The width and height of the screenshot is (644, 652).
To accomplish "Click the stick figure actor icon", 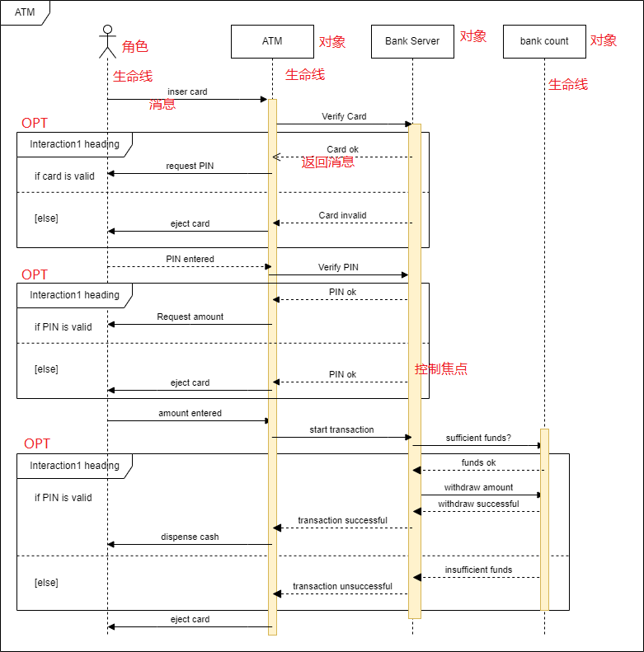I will click(107, 42).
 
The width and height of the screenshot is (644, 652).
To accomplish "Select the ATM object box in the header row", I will click(272, 41).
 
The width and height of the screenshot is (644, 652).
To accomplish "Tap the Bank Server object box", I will click(412, 41).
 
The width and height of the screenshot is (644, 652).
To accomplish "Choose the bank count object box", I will click(544, 41).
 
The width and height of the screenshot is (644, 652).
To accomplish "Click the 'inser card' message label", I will click(187, 91).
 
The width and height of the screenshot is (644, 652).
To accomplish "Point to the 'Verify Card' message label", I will click(344, 116).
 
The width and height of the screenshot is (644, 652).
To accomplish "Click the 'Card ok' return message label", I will click(342, 149).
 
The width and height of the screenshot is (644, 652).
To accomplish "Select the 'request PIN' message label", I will click(190, 166).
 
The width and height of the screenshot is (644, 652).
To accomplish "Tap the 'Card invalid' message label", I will click(342, 215).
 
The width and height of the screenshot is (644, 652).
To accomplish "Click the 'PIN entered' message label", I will click(190, 259).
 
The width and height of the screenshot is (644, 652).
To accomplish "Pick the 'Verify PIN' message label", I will click(338, 268).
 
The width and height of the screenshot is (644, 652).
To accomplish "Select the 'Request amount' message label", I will click(190, 317).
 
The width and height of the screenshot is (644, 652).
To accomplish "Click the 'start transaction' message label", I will click(341, 429).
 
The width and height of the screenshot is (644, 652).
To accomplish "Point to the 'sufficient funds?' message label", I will click(478, 438).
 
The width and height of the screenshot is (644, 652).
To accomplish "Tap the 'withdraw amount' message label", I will click(478, 487).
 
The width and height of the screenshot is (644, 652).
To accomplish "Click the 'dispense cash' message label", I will click(190, 537).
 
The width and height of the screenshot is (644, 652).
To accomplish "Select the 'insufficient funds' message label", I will click(478, 570).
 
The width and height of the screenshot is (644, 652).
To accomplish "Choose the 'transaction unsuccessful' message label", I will click(342, 586).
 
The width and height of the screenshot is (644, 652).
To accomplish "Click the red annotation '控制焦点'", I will click(441, 369).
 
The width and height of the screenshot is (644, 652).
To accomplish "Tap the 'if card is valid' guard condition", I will click(64, 176).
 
